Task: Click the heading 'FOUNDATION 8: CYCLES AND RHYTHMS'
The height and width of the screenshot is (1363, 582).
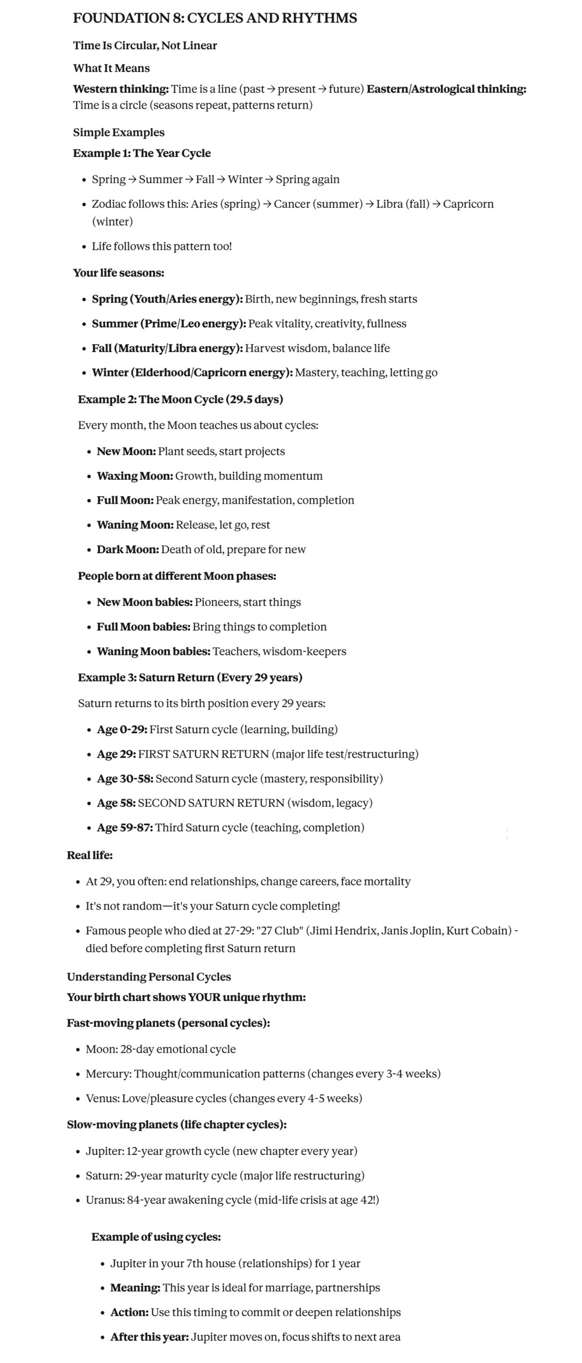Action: pyautogui.click(x=215, y=18)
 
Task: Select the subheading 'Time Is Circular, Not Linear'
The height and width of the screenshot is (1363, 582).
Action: pyautogui.click(x=145, y=45)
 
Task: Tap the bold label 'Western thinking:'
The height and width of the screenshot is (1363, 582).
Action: pyautogui.click(x=121, y=89)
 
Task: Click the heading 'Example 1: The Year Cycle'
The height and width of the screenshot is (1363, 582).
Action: pyautogui.click(x=142, y=153)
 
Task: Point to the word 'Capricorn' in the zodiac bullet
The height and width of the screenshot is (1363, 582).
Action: pyautogui.click(x=468, y=204)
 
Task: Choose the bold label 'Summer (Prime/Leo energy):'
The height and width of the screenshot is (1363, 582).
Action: pyautogui.click(x=169, y=324)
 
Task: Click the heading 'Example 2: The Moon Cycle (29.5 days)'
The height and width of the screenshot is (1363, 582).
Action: pyautogui.click(x=181, y=399)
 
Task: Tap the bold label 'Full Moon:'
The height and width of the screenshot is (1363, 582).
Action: pyautogui.click(x=125, y=500)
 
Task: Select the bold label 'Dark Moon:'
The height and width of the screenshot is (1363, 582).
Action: pyautogui.click(x=128, y=549)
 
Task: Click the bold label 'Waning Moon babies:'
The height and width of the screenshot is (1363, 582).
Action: pyautogui.click(x=153, y=652)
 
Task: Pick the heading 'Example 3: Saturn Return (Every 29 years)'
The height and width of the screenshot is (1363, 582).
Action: pyautogui.click(x=190, y=678)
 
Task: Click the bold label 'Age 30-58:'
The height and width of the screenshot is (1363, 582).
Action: pyautogui.click(x=125, y=779)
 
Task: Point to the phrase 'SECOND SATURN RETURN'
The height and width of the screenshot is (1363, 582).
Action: pyautogui.click(x=211, y=803)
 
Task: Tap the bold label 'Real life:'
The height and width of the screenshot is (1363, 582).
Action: pyautogui.click(x=89, y=856)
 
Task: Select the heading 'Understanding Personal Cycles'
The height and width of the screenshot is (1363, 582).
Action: pyautogui.click(x=149, y=977)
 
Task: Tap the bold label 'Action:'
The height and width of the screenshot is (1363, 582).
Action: pyautogui.click(x=129, y=1312)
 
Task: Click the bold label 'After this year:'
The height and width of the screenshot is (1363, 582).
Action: pyautogui.click(x=150, y=1337)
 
